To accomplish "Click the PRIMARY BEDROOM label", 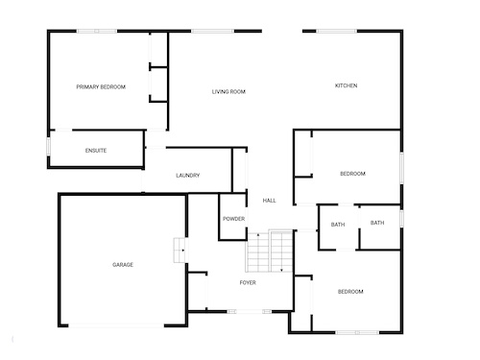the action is click(101, 86).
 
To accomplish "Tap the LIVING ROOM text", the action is click(228, 92).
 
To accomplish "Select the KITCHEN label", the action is click(346, 85).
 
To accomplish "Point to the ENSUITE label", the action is click(96, 151).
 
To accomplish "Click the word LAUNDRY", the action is click(188, 176).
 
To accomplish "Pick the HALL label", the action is click(269, 201).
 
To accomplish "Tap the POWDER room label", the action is click(233, 219).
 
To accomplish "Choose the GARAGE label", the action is click(123, 265).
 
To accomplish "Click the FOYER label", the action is click(248, 282).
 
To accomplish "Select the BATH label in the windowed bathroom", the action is click(377, 223).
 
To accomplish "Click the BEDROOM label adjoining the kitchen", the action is click(352, 174).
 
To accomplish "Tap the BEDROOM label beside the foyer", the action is click(350, 292).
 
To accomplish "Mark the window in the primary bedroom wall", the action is click(97, 31).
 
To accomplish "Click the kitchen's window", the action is click(337, 31).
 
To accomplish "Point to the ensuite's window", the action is click(49, 146).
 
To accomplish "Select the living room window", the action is click(213, 31).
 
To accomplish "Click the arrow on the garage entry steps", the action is click(182, 251).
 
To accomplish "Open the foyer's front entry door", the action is click(250, 311).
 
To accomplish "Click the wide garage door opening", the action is click(116, 325).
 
